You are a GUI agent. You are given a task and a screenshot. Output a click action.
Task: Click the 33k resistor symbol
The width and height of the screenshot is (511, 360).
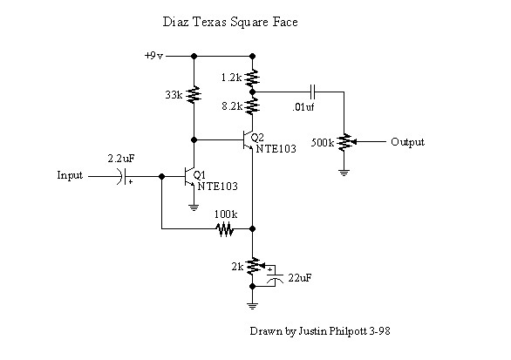click(x=194, y=94)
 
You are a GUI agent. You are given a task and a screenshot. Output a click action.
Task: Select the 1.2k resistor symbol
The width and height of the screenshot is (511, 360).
click(x=252, y=77)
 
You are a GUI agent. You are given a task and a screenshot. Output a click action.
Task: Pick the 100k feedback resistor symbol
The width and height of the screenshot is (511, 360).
click(x=225, y=228)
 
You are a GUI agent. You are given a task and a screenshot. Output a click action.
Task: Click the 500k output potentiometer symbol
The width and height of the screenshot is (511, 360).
click(x=345, y=142)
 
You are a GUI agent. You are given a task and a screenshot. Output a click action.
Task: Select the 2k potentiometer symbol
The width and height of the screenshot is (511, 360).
click(x=255, y=266)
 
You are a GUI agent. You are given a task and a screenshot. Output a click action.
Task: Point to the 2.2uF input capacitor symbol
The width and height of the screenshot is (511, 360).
click(x=123, y=177)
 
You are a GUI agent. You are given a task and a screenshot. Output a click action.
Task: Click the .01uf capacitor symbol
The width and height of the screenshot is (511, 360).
click(x=313, y=92)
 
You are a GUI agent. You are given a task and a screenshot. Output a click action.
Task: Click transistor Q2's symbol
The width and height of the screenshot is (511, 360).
click(x=248, y=140)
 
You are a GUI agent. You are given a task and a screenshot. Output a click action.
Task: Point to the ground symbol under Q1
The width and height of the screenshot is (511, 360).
click(x=194, y=207)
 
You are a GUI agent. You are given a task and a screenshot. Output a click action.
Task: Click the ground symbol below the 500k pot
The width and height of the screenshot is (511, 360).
click(x=344, y=173)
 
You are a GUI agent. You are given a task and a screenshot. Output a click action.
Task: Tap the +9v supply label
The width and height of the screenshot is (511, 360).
click(x=153, y=56)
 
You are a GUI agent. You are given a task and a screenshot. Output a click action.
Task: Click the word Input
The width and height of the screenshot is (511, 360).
click(x=70, y=175)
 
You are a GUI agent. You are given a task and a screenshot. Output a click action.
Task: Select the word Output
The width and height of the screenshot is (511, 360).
click(x=407, y=142)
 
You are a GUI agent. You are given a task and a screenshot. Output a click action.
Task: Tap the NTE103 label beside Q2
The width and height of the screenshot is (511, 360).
click(x=276, y=149)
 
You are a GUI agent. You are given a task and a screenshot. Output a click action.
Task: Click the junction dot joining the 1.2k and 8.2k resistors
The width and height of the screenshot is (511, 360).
click(x=252, y=92)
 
